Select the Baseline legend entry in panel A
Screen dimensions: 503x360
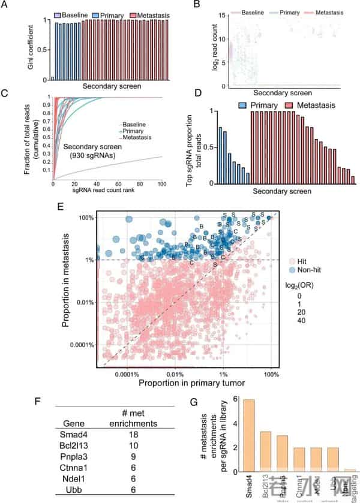click(x=71, y=13)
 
